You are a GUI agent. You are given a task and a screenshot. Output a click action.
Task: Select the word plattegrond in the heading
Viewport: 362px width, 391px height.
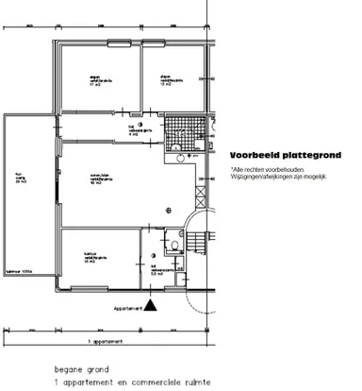click(307, 156)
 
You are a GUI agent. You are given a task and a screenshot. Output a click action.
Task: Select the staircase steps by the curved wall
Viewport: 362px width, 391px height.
click(194, 244)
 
